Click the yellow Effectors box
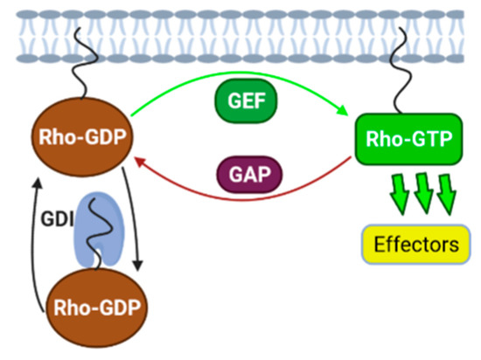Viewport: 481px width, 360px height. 411,245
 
